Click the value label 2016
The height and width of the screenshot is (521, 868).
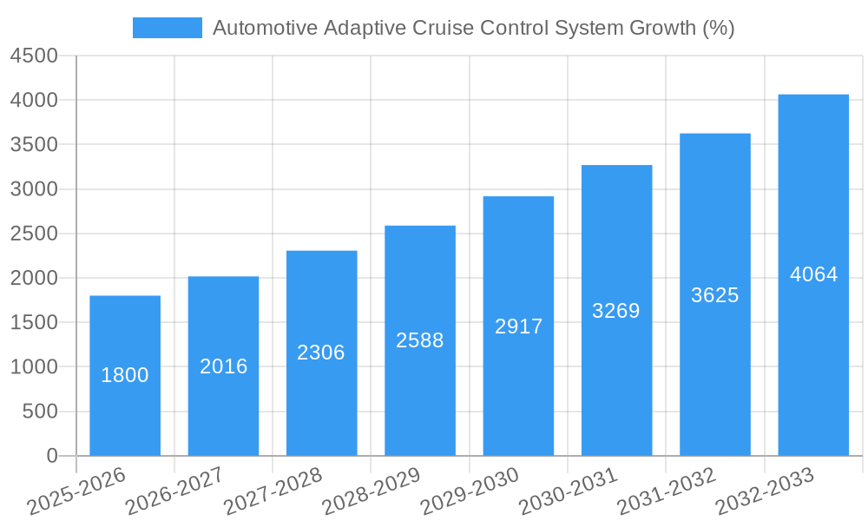click(224, 366)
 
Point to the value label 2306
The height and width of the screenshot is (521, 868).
click(321, 353)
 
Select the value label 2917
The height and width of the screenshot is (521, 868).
click(518, 326)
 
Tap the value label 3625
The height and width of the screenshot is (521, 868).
click(715, 295)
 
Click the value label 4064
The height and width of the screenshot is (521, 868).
click(813, 274)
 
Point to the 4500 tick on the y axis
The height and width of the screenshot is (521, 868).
click(34, 56)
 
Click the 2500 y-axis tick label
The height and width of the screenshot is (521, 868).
click(34, 234)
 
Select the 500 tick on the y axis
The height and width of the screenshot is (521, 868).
click(41, 412)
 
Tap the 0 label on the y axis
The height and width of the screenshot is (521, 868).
click(51, 456)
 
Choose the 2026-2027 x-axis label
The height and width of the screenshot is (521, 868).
click(174, 491)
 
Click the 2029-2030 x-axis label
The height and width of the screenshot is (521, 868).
click(470, 491)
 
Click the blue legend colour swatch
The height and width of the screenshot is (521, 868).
click(167, 28)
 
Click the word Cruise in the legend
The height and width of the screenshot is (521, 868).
click(453, 28)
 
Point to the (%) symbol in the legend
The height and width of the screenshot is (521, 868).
click(718, 28)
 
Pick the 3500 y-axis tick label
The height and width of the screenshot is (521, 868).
click(34, 144)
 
